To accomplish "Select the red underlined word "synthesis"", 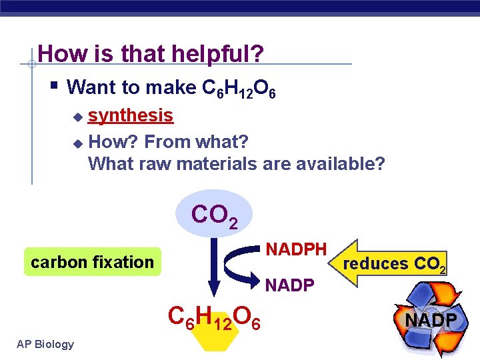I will click(131, 115).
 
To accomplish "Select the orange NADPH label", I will click(296, 249).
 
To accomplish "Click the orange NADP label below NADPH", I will click(289, 285).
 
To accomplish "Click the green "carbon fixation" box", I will click(92, 262).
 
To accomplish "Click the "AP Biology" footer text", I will click(46, 344).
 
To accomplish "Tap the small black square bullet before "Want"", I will click(54, 86).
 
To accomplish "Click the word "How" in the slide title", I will click(58, 53).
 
